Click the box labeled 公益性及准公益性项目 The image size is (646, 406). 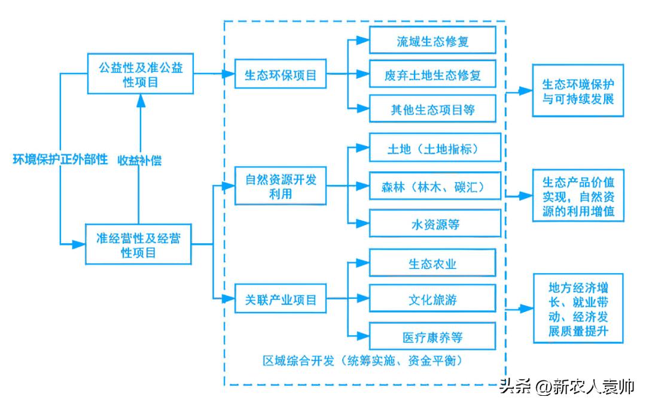coord(141,74)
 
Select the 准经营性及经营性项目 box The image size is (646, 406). coord(138,245)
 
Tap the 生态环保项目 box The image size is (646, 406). coord(281,75)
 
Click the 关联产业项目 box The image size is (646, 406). coord(281,298)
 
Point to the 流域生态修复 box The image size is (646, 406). coord(432,41)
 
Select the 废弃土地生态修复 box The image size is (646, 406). coord(432,75)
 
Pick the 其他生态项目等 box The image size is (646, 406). coord(432,109)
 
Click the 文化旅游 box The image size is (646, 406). coord(432,298)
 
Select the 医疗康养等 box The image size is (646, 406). coord(432,336)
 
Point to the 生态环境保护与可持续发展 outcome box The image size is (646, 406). coord(578,91)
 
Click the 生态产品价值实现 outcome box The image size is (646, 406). coord(578,195)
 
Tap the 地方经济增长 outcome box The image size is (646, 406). coord(578,308)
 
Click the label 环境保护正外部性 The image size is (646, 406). coord(61,159)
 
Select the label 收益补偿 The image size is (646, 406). coord(139,160)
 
